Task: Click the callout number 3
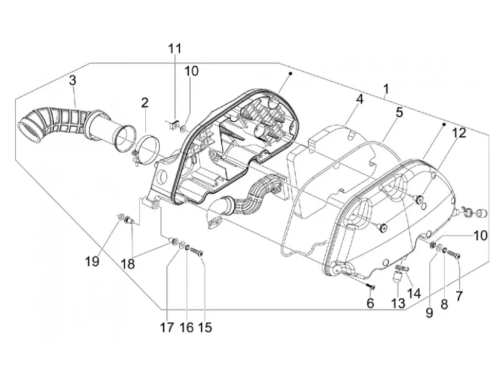click(72, 81)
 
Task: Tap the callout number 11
click(175, 49)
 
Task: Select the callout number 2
click(145, 102)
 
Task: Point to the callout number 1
click(386, 89)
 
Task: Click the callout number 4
click(359, 99)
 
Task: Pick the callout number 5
click(399, 112)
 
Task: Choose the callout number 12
click(459, 133)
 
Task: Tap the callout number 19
click(92, 262)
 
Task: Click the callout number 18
click(128, 264)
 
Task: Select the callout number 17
click(167, 327)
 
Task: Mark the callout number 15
click(205, 327)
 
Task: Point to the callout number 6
click(370, 303)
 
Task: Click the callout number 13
click(398, 304)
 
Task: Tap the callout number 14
click(414, 294)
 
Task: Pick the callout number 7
click(459, 296)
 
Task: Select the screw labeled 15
click(197, 252)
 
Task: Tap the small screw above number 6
click(371, 286)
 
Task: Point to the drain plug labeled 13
click(397, 275)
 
